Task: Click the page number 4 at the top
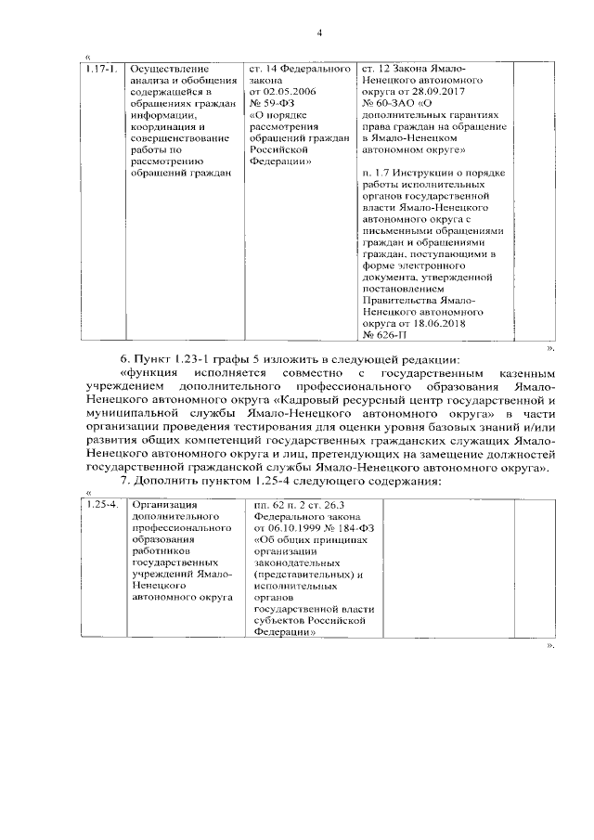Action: [318, 34]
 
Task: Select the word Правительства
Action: [397, 300]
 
